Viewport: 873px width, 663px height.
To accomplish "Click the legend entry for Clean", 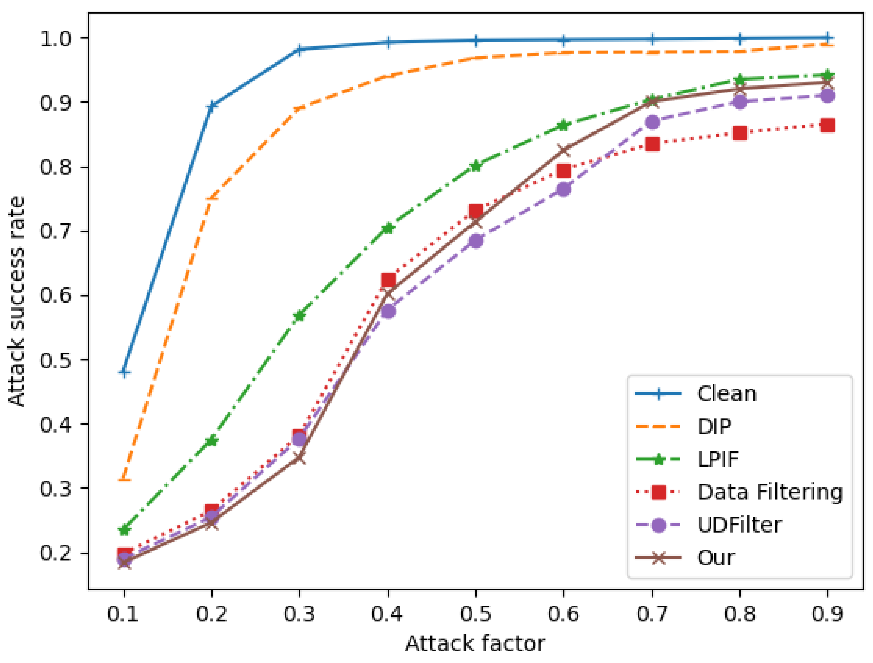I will pyautogui.click(x=727, y=394).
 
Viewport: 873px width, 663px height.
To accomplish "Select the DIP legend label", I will pyautogui.click(x=714, y=427).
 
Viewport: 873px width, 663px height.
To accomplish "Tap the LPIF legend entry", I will pyautogui.click(x=718, y=459).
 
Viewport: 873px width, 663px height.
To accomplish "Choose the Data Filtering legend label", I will pyautogui.click(x=770, y=492).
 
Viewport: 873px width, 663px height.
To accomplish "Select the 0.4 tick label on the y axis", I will pyautogui.click(x=55, y=425).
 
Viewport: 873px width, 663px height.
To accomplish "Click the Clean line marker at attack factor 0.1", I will pyautogui.click(x=124, y=372).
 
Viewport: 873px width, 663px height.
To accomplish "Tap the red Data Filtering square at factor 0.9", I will pyautogui.click(x=827, y=126).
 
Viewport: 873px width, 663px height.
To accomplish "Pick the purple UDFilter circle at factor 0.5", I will pyautogui.click(x=476, y=240).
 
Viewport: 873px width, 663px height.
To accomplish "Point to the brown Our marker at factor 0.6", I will pyautogui.click(x=564, y=150).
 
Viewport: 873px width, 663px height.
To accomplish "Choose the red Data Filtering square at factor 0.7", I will pyautogui.click(x=652, y=144).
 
